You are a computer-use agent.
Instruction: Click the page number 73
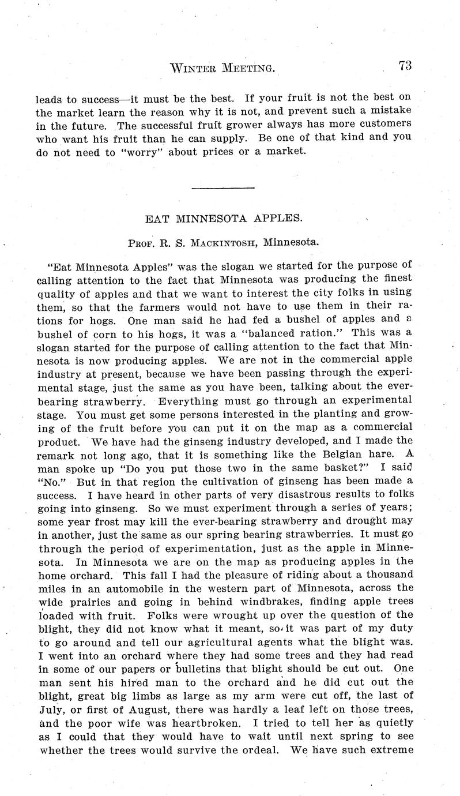(404, 66)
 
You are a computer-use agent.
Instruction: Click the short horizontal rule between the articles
(223, 187)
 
